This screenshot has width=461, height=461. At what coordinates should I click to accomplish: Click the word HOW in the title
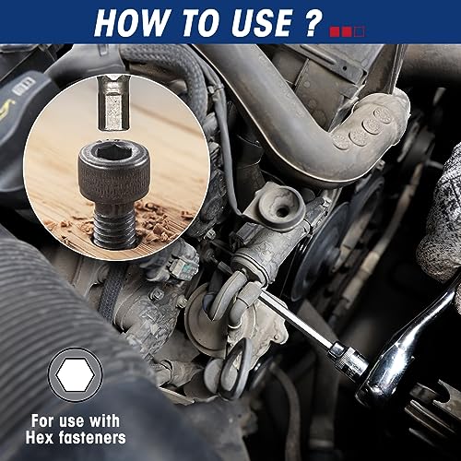click(x=130, y=22)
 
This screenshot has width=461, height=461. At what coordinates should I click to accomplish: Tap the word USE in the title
click(x=260, y=22)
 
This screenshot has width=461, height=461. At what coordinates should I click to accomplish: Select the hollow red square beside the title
click(x=360, y=31)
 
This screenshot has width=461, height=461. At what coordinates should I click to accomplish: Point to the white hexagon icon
click(x=75, y=374)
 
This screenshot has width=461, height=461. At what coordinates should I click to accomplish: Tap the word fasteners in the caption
click(x=91, y=437)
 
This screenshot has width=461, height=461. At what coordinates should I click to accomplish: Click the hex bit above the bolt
click(x=112, y=103)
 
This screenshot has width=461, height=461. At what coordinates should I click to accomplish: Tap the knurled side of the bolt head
click(x=113, y=182)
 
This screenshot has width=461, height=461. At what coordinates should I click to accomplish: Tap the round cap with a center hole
click(x=278, y=207)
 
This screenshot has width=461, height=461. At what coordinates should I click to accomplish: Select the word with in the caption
click(x=104, y=420)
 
